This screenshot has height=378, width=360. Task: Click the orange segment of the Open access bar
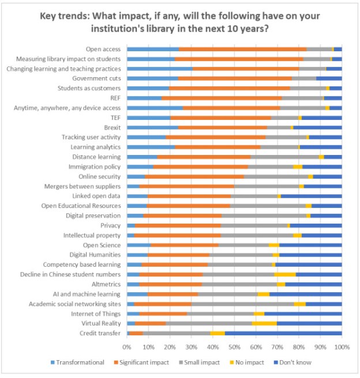(242, 49)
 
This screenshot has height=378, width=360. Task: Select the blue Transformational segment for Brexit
(152, 127)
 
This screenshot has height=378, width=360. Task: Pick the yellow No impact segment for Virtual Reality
(264, 323)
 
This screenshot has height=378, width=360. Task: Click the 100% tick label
(342, 347)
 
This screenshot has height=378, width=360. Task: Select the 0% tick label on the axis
(127, 347)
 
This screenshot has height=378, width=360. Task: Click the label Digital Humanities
(95, 254)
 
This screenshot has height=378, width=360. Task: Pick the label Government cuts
(96, 78)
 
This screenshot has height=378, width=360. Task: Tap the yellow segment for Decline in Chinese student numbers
(285, 274)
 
